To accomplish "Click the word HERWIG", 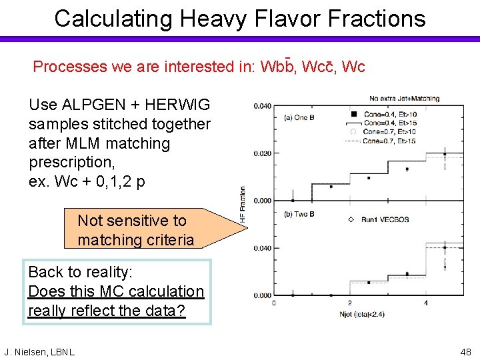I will coord(177,105).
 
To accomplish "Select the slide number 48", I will coord(465,351).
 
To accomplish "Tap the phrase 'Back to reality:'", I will coord(81,272).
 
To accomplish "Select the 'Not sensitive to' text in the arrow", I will coord(132,221).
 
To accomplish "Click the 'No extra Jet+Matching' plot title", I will coord(405,99).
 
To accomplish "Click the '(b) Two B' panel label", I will coord(301,215).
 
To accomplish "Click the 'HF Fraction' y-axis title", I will coord(244,204).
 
